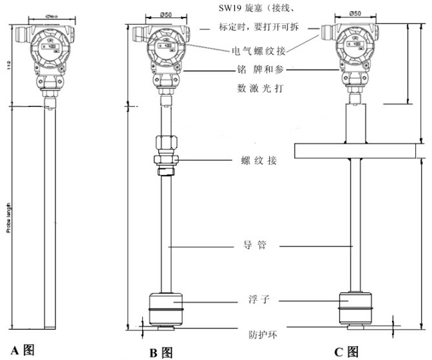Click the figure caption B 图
(160, 352)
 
